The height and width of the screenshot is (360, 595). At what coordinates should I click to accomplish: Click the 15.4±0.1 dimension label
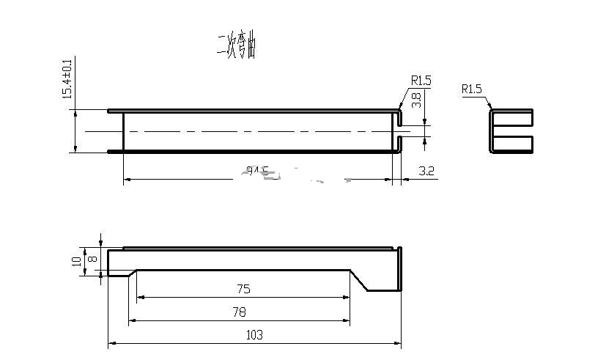coord(67,78)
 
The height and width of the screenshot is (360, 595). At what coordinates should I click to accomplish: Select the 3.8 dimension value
coord(416,100)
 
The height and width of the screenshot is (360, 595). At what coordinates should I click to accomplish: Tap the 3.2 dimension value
coord(426,171)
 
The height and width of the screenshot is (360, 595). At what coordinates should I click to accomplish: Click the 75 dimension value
coord(243,289)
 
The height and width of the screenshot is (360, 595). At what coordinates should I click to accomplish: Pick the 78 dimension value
coord(239,312)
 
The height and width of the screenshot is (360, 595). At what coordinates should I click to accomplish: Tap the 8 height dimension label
coord(92,258)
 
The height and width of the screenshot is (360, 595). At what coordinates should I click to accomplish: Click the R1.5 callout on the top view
coord(421,81)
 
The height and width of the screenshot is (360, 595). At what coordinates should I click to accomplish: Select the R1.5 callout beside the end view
coord(471,89)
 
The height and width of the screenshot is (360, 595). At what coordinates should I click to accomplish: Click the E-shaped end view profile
coord(511,131)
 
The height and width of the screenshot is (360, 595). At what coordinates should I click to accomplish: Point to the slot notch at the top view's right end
coord(400,131)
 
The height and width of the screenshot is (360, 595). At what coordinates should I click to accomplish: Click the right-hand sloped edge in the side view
coord(358,280)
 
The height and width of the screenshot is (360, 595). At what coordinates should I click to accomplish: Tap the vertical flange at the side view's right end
coord(400,269)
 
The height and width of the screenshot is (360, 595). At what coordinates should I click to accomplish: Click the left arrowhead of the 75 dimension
coord(140,297)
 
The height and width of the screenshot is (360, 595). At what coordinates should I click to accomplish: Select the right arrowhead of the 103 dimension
coord(399,343)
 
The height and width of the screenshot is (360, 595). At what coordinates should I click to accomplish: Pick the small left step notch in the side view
coord(121,273)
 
